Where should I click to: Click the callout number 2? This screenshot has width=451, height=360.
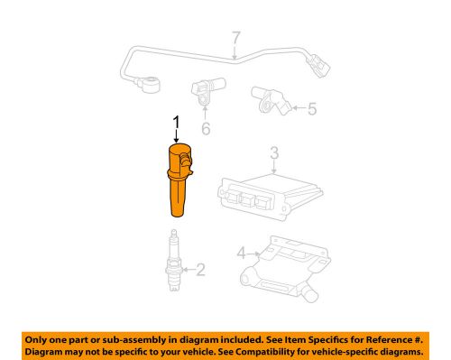200,267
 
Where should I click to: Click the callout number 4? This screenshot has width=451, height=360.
241,252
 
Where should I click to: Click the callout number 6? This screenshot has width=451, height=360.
205,129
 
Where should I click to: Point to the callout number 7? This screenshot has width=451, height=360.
235,39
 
